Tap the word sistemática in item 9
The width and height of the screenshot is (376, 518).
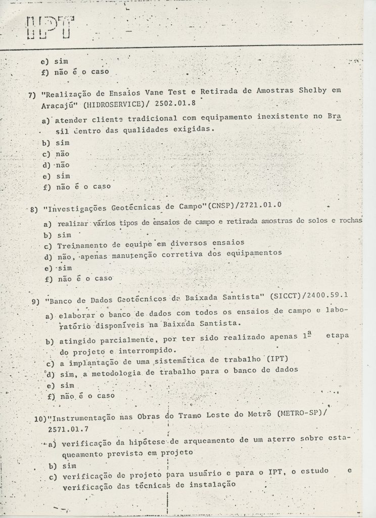click(x=163, y=362)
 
